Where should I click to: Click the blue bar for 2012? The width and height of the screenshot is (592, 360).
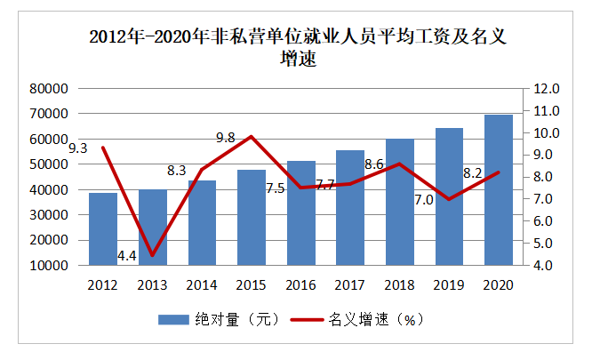click(103, 228)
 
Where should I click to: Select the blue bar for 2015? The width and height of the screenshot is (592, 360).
click(252, 217)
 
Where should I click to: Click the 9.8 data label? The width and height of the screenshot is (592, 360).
click(226, 138)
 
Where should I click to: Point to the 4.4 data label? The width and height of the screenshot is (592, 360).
click(126, 256)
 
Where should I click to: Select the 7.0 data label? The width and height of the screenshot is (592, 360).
click(424, 199)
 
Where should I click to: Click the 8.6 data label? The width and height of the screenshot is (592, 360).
click(374, 164)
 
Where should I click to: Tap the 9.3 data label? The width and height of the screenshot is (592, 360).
click(77, 148)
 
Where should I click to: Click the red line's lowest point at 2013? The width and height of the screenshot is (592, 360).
click(152, 255)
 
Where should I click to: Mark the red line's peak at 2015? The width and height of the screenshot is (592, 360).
click(252, 136)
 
